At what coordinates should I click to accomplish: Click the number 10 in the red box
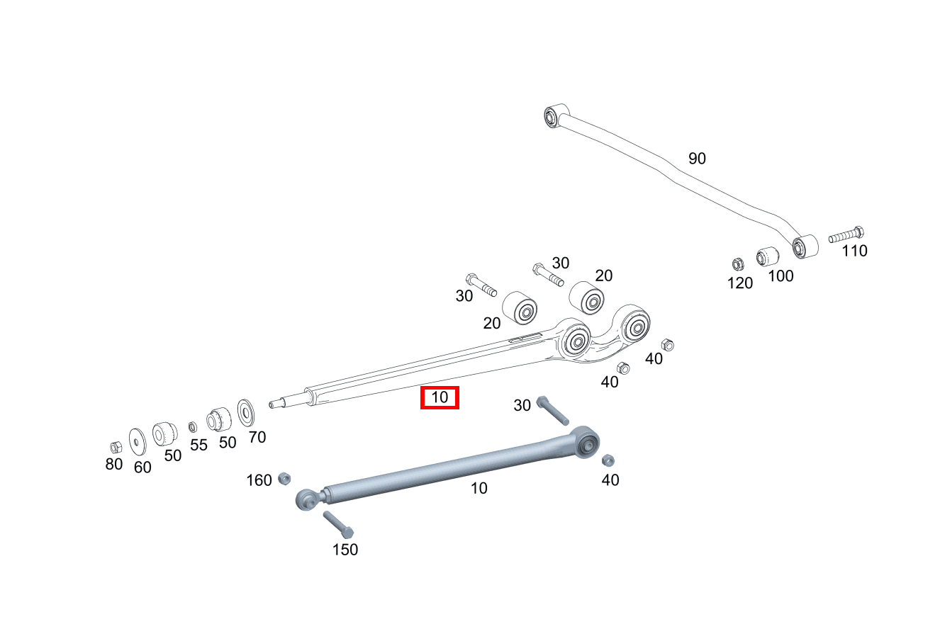[x=440, y=397]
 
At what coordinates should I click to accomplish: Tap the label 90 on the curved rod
[x=697, y=159]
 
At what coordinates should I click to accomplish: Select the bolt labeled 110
[x=846, y=234]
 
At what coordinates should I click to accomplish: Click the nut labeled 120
[x=737, y=264]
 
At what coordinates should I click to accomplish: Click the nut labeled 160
[x=284, y=477]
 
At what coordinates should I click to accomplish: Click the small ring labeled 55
[x=192, y=427]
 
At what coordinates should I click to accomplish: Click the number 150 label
[x=345, y=550]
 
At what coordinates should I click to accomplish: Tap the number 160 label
[x=259, y=481]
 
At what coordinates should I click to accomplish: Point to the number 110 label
[x=854, y=251]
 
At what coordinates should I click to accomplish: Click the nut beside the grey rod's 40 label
[x=608, y=460]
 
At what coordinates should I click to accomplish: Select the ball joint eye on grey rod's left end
[x=306, y=499]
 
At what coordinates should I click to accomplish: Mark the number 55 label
[x=198, y=446]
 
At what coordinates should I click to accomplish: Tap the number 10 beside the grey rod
[x=479, y=489]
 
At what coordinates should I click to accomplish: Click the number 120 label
[x=740, y=283]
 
